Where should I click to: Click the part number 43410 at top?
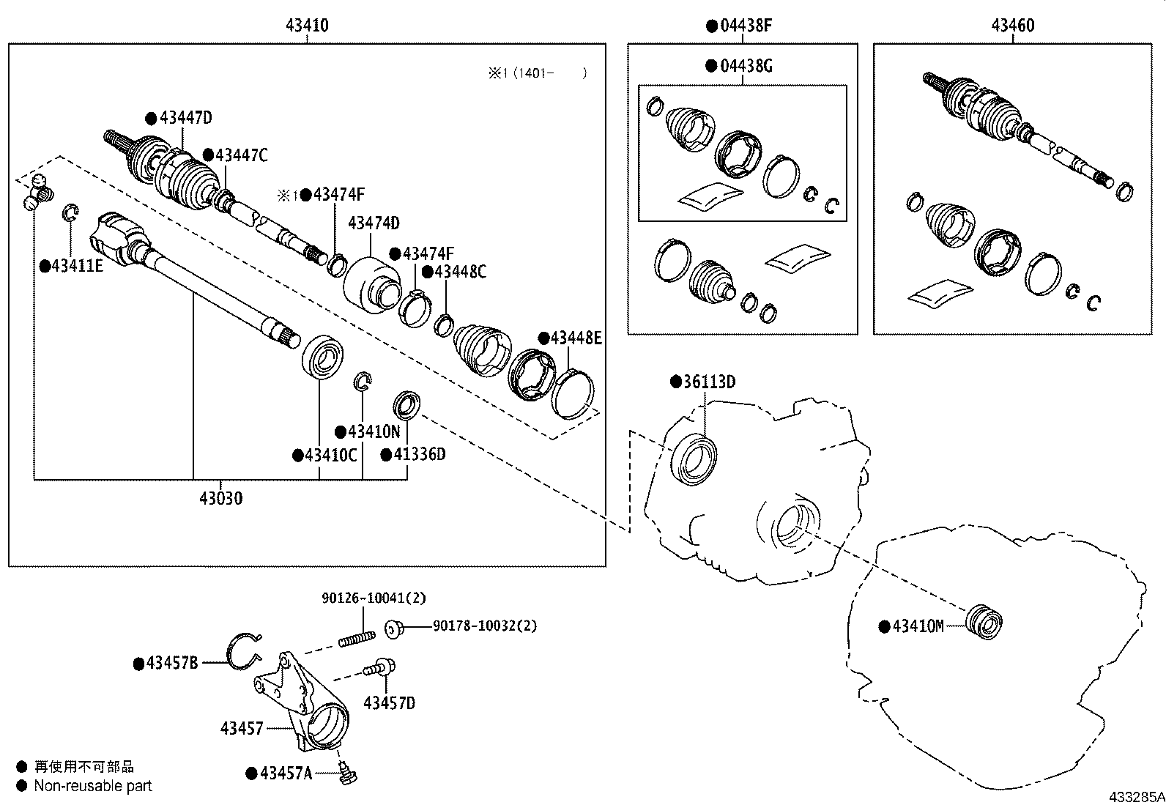click(x=307, y=26)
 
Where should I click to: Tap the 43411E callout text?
click(x=77, y=266)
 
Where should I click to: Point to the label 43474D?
click(x=374, y=223)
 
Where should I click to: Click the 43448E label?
click(x=576, y=338)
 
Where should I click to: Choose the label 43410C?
click(x=330, y=455)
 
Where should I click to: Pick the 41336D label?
click(x=419, y=454)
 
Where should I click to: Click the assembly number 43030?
click(x=220, y=499)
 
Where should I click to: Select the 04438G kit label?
click(x=746, y=66)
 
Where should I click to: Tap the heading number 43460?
click(x=1013, y=26)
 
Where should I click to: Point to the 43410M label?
click(x=918, y=626)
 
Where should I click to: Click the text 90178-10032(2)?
click(x=485, y=626)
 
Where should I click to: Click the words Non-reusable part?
click(x=93, y=786)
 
